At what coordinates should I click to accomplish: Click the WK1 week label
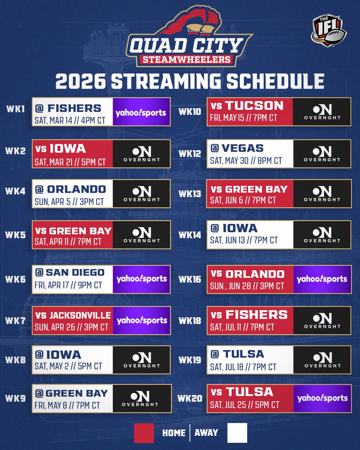pyautogui.click(x=15, y=109)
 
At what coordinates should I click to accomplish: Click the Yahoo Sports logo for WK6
pyautogui.click(x=141, y=279)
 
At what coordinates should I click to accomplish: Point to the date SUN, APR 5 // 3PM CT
pyautogui.click(x=69, y=202)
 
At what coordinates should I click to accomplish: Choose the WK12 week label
pyautogui.click(x=190, y=154)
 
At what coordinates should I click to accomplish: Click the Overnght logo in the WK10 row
pyautogui.click(x=322, y=112)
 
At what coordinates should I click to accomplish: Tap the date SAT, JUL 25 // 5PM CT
pyautogui.click(x=244, y=405)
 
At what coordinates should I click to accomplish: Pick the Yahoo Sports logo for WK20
pyautogui.click(x=322, y=398)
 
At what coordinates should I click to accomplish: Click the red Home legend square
pyautogui.click(x=144, y=433)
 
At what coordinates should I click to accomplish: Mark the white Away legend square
pyautogui.click(x=237, y=433)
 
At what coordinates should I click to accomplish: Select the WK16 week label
pyautogui.click(x=190, y=279)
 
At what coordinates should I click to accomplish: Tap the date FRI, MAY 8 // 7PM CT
pyautogui.click(x=67, y=405)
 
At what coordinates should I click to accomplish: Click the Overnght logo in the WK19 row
pyautogui.click(x=322, y=360)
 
